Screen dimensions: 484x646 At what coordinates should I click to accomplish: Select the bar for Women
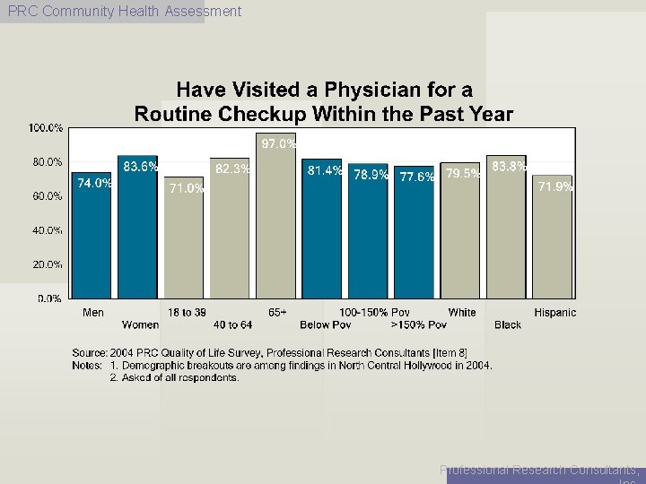(x=137, y=233)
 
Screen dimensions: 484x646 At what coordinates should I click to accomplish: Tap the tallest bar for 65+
(x=275, y=220)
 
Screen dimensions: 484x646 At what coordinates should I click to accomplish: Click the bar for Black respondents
(x=507, y=231)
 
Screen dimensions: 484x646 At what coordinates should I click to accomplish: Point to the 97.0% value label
(x=278, y=143)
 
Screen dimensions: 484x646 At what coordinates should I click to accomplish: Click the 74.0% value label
(x=95, y=183)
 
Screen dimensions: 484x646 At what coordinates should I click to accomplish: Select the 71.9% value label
(x=555, y=186)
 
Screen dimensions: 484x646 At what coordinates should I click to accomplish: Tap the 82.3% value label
(x=232, y=169)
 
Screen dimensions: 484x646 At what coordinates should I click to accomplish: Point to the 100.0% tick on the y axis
(x=46, y=128)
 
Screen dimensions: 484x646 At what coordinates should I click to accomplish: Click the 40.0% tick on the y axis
(x=48, y=230)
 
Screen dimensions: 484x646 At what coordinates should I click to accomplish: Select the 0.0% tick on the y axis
(x=49, y=298)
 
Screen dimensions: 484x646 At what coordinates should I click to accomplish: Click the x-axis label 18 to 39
(x=187, y=312)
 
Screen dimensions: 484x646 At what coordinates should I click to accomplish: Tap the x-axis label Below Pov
(x=325, y=324)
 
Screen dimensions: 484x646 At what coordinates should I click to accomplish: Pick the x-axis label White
(x=461, y=312)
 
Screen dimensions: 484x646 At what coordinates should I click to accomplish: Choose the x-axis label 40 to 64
(x=232, y=324)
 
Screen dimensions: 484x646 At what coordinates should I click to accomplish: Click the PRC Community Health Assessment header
(x=124, y=12)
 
